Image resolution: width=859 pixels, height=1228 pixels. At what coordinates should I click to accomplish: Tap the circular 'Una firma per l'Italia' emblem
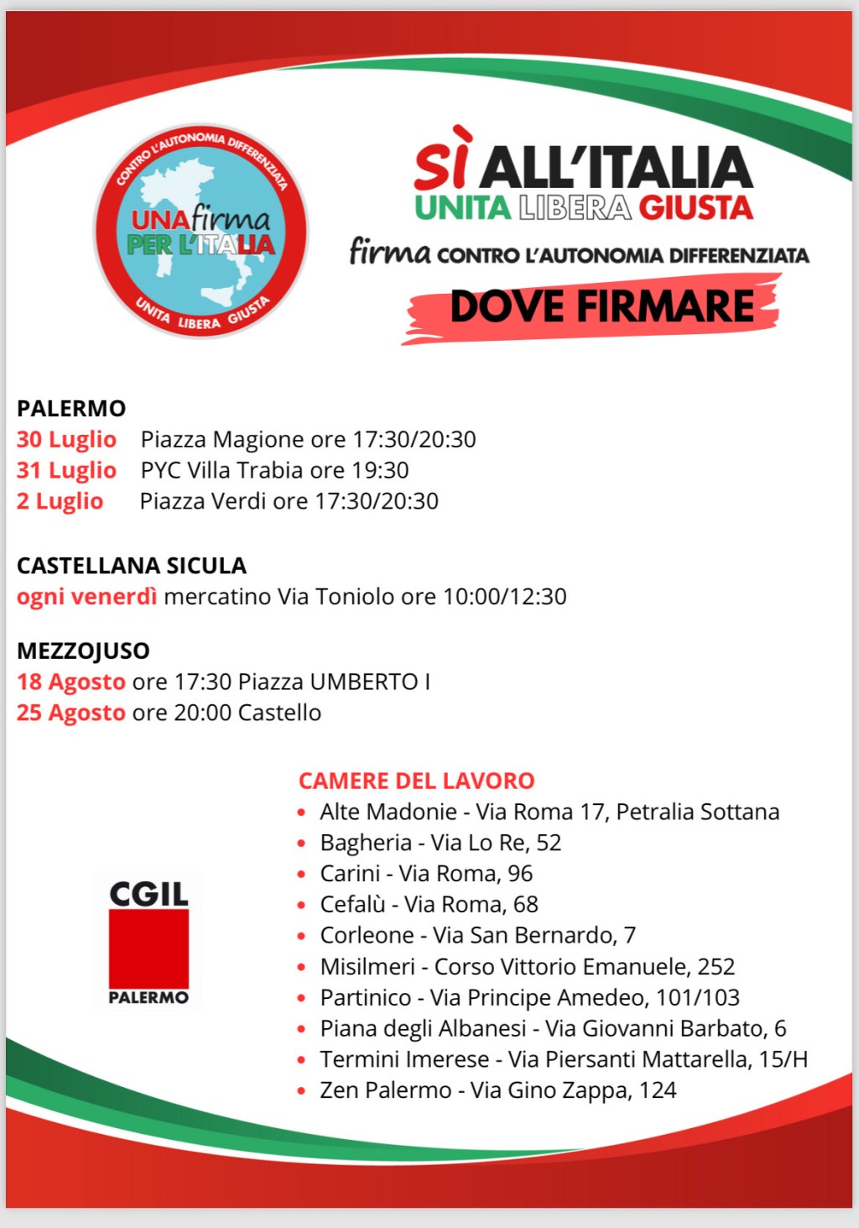[200, 232]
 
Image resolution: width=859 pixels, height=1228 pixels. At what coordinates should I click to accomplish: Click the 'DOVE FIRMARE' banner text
[601, 306]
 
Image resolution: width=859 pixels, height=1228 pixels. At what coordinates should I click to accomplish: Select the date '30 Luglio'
[66, 440]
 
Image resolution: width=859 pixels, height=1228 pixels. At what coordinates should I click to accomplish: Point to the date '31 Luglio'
[66, 471]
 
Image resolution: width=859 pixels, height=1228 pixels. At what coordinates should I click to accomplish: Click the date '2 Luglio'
[60, 502]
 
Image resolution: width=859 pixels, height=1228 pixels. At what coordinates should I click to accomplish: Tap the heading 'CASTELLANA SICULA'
[132, 566]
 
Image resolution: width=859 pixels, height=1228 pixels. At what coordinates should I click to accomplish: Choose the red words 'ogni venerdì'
[86, 597]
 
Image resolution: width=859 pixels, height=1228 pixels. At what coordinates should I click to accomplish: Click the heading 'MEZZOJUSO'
[83, 651]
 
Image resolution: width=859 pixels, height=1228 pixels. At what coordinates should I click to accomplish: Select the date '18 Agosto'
[71, 682]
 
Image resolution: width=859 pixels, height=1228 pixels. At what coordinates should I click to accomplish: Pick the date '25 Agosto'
[71, 713]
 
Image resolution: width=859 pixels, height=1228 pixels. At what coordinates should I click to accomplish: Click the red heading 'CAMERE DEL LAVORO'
[416, 781]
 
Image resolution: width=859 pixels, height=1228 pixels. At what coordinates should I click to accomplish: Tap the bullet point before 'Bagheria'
[301, 844]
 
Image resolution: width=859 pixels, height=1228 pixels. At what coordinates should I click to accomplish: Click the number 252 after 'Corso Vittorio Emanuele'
[716, 967]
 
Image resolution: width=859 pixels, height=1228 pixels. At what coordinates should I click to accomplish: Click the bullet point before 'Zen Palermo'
[301, 1091]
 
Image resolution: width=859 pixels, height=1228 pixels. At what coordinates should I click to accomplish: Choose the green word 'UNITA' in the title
[462, 208]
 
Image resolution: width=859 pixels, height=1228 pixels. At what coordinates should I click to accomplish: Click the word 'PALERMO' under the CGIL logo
[148, 998]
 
